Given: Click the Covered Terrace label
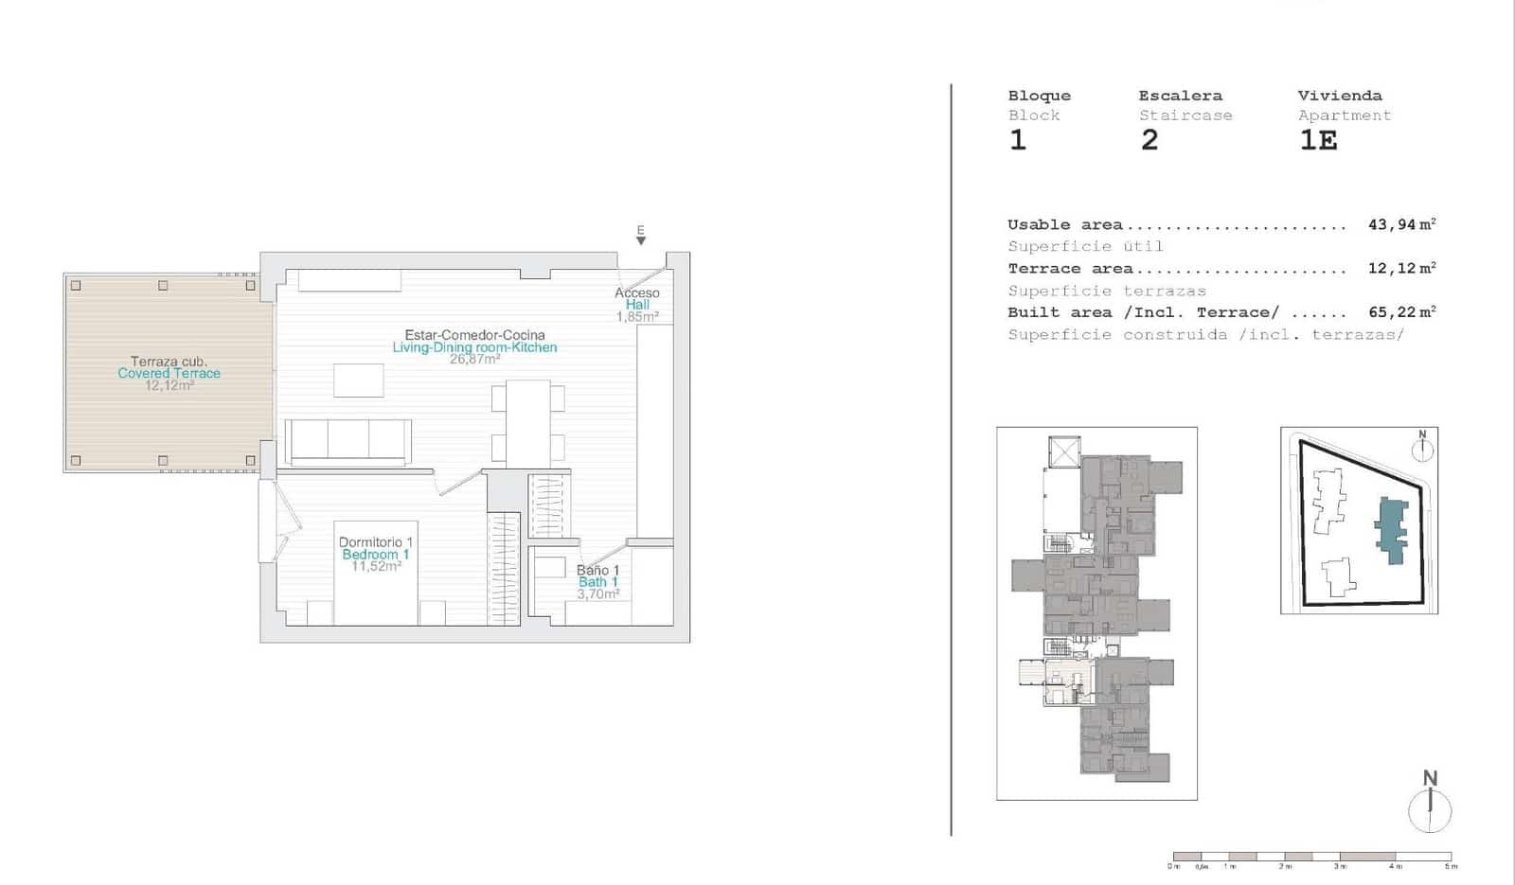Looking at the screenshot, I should (x=169, y=373).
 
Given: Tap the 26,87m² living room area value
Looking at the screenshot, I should (x=474, y=360).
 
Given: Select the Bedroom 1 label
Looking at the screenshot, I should (x=375, y=555).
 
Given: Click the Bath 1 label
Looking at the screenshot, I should (x=597, y=582).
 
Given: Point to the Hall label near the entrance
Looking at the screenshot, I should (x=637, y=305).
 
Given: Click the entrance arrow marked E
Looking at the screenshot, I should (x=641, y=238).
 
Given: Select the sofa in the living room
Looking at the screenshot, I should (x=348, y=441).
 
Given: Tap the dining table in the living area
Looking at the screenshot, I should (x=527, y=422).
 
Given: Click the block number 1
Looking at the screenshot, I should (x=1018, y=140).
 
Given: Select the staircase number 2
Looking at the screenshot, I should (x=1149, y=140).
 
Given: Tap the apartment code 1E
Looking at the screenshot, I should (x=1318, y=140).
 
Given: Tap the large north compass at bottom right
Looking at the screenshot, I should (x=1430, y=806).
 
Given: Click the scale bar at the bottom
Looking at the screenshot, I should (x=1311, y=858).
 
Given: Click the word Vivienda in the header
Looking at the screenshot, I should (x=1339, y=96).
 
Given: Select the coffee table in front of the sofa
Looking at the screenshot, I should (x=358, y=381).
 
